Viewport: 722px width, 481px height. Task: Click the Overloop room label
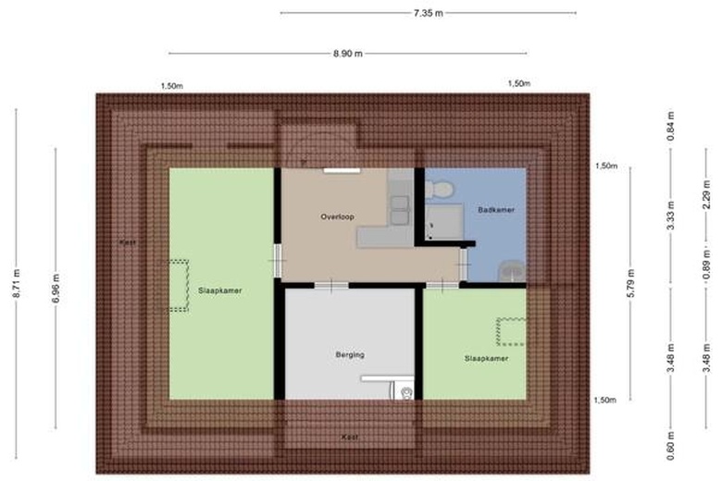point(338,216)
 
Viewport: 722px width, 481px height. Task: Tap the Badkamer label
point(496,210)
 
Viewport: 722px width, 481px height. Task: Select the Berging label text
point(350,354)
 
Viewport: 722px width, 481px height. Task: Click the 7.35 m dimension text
point(429,13)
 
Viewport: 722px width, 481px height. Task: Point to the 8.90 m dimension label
point(348,54)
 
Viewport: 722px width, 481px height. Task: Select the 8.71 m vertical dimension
point(17,284)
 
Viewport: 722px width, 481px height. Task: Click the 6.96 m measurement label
point(56,289)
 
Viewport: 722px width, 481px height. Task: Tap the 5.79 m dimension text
point(631,284)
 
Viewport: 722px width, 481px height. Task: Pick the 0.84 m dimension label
point(670,126)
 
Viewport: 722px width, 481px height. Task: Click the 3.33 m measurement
point(670,216)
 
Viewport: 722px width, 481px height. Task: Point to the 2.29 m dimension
point(706,194)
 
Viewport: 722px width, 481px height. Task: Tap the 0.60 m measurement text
point(670,445)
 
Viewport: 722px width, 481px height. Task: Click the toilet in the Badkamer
point(439,189)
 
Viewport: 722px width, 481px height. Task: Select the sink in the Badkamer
point(512,271)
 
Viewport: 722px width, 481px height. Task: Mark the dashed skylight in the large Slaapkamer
point(179,286)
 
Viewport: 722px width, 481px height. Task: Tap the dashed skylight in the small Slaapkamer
point(511,331)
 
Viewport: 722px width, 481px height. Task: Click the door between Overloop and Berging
point(331,286)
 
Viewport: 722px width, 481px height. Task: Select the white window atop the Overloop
point(342,171)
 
